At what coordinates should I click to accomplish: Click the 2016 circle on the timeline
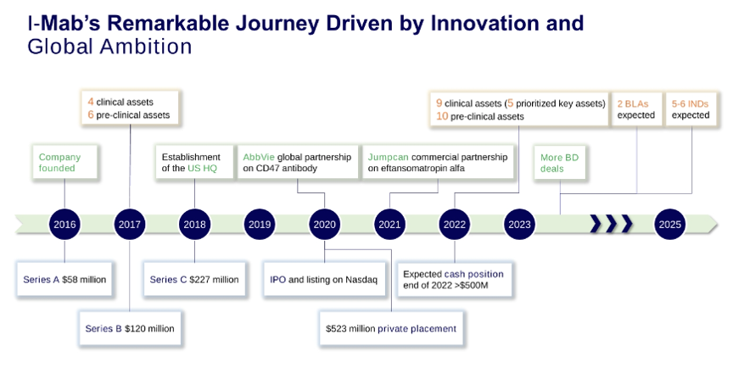tap(64, 225)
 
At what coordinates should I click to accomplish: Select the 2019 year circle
tap(260, 225)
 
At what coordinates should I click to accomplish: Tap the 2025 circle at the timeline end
tap(669, 225)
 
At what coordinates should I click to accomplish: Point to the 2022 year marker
tap(455, 225)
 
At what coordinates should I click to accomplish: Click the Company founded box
tap(64, 162)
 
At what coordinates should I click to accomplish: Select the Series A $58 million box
tap(64, 279)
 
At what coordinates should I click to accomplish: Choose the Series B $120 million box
tap(129, 327)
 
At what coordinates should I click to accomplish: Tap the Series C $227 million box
tap(194, 279)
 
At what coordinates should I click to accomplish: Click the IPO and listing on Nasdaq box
tap(324, 279)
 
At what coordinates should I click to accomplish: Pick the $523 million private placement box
tap(391, 328)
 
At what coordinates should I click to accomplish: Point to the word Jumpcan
tap(386, 157)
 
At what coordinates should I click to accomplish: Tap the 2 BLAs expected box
tap(635, 109)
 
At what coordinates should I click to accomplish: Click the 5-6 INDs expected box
tap(690, 109)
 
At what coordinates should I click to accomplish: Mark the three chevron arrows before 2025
tap(612, 224)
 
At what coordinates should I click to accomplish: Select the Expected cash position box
tap(453, 280)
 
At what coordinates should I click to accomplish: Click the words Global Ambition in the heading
tap(109, 47)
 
